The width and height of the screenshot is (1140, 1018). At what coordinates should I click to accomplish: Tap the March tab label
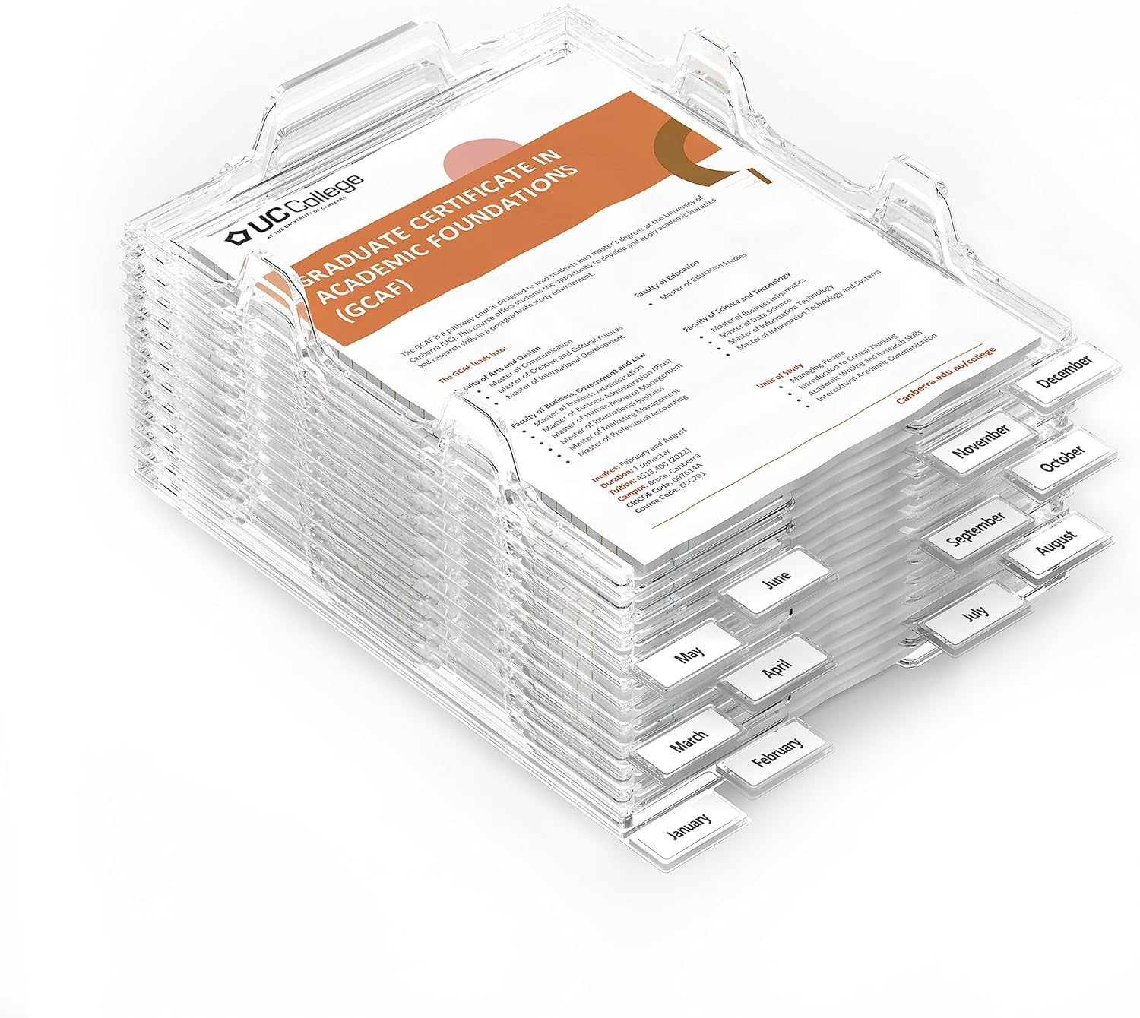click(689, 736)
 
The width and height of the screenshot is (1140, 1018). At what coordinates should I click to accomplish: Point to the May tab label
click(689, 653)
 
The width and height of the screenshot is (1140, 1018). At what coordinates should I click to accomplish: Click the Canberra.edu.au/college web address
click(945, 378)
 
